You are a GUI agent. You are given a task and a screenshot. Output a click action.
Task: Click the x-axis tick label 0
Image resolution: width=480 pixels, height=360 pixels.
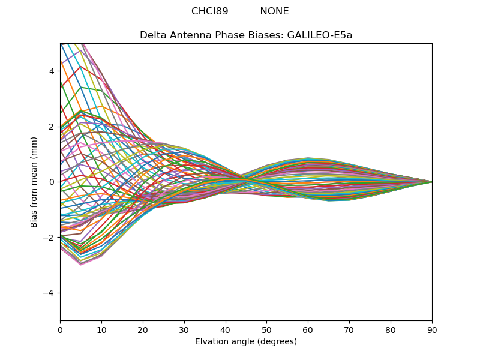pyautogui.click(x=60, y=329)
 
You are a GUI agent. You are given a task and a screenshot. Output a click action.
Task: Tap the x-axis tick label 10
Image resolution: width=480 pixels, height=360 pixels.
pyautogui.click(x=101, y=329)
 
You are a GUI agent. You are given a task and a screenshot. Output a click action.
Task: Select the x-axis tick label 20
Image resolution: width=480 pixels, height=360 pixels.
pyautogui.click(x=143, y=329)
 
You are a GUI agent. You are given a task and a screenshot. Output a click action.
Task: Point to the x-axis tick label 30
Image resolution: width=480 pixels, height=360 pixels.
pyautogui.click(x=184, y=329)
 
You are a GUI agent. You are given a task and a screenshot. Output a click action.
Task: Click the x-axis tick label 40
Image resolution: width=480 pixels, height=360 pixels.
pyautogui.click(x=226, y=329)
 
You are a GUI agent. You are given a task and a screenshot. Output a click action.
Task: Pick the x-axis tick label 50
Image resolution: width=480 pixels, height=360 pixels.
pyautogui.click(x=266, y=329)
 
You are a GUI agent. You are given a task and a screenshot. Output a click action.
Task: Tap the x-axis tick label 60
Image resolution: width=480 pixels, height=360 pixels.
pyautogui.click(x=308, y=329)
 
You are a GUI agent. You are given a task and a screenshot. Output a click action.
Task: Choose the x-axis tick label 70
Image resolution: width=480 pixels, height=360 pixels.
pyautogui.click(x=349, y=329)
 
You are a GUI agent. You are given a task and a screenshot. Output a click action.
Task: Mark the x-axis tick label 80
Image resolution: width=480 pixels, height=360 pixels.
pyautogui.click(x=391, y=329)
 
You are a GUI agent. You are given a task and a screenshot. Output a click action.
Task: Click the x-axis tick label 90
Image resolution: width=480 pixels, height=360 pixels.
pyautogui.click(x=432, y=329)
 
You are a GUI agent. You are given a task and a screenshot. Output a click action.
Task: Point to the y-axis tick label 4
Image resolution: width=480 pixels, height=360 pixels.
pyautogui.click(x=53, y=71)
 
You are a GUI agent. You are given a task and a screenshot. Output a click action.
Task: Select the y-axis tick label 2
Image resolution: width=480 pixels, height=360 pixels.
pyautogui.click(x=53, y=127)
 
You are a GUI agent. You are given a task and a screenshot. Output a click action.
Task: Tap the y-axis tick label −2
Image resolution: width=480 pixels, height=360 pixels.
pyautogui.click(x=50, y=237)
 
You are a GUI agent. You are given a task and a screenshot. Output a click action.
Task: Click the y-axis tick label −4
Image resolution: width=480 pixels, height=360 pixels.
pyautogui.click(x=50, y=293)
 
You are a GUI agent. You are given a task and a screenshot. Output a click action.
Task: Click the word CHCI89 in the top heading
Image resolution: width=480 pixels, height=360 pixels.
pyautogui.click(x=209, y=11)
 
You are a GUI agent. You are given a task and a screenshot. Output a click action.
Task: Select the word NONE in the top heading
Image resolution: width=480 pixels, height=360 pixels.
pyautogui.click(x=274, y=11)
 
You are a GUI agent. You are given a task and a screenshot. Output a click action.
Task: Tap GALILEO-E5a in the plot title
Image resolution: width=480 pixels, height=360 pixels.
pyautogui.click(x=320, y=35)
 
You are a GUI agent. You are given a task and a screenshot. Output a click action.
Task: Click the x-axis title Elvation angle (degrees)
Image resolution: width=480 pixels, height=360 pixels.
pyautogui.click(x=246, y=341)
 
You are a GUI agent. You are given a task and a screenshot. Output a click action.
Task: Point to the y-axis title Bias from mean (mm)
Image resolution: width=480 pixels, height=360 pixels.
pyautogui.click(x=35, y=182)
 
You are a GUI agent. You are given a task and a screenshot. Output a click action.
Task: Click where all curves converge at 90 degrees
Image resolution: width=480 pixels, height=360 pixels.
pyautogui.click(x=431, y=182)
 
